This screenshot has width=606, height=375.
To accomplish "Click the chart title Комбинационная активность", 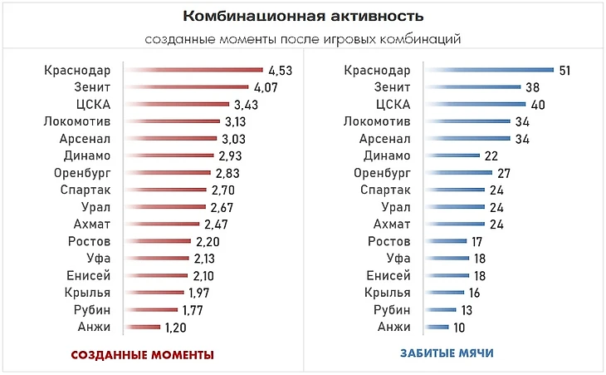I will click(x=303, y=17).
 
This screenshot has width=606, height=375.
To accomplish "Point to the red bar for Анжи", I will click(x=142, y=328).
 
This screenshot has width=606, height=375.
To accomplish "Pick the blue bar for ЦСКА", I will click(x=475, y=104).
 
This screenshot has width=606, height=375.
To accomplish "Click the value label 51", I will click(x=564, y=70).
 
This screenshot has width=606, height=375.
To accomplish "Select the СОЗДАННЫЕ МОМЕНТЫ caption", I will click(x=143, y=354).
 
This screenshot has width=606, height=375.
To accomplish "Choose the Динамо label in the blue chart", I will click(x=387, y=155).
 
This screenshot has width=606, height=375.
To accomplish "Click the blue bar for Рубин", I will click(x=441, y=310).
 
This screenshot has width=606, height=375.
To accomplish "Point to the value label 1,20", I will click(x=175, y=328).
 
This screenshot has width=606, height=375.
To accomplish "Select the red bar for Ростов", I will click(x=158, y=241).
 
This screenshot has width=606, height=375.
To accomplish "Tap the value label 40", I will click(x=536, y=104).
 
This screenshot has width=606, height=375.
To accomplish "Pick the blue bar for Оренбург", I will click(x=458, y=173).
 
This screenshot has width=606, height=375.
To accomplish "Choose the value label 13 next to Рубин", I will click(x=468, y=310).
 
